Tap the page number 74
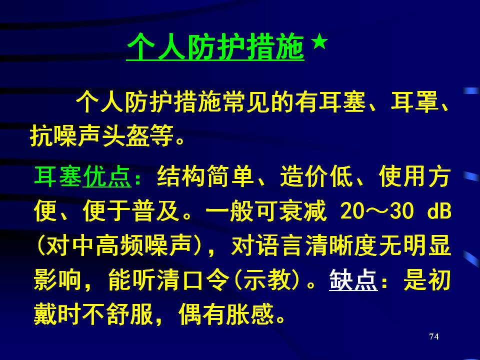(434, 336)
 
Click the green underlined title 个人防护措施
(215, 47)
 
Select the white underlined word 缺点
(353, 280)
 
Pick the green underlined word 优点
(107, 176)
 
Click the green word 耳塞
(58, 176)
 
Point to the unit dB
(439, 210)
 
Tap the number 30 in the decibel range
(402, 211)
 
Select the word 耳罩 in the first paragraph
(414, 102)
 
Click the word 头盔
(126, 135)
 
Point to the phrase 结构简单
(205, 176)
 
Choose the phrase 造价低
(316, 176)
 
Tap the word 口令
(205, 280)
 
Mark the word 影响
(57, 280)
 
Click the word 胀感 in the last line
(250, 314)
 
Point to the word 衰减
(302, 211)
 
